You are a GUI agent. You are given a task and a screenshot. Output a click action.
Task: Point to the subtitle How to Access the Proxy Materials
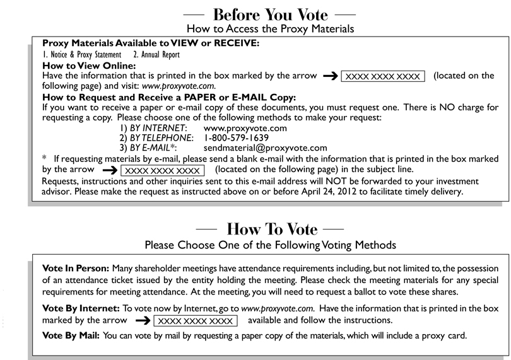click(270, 28)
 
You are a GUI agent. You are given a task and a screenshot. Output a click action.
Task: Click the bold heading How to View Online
click(89, 66)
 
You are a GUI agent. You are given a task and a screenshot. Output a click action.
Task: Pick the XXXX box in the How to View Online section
click(383, 76)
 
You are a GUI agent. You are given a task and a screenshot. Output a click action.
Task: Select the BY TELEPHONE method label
click(156, 137)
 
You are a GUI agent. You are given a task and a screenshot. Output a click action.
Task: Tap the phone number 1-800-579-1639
click(237, 137)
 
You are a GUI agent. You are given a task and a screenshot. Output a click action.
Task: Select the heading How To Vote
click(272, 228)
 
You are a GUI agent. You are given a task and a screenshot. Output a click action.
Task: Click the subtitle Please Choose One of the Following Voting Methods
click(270, 244)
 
